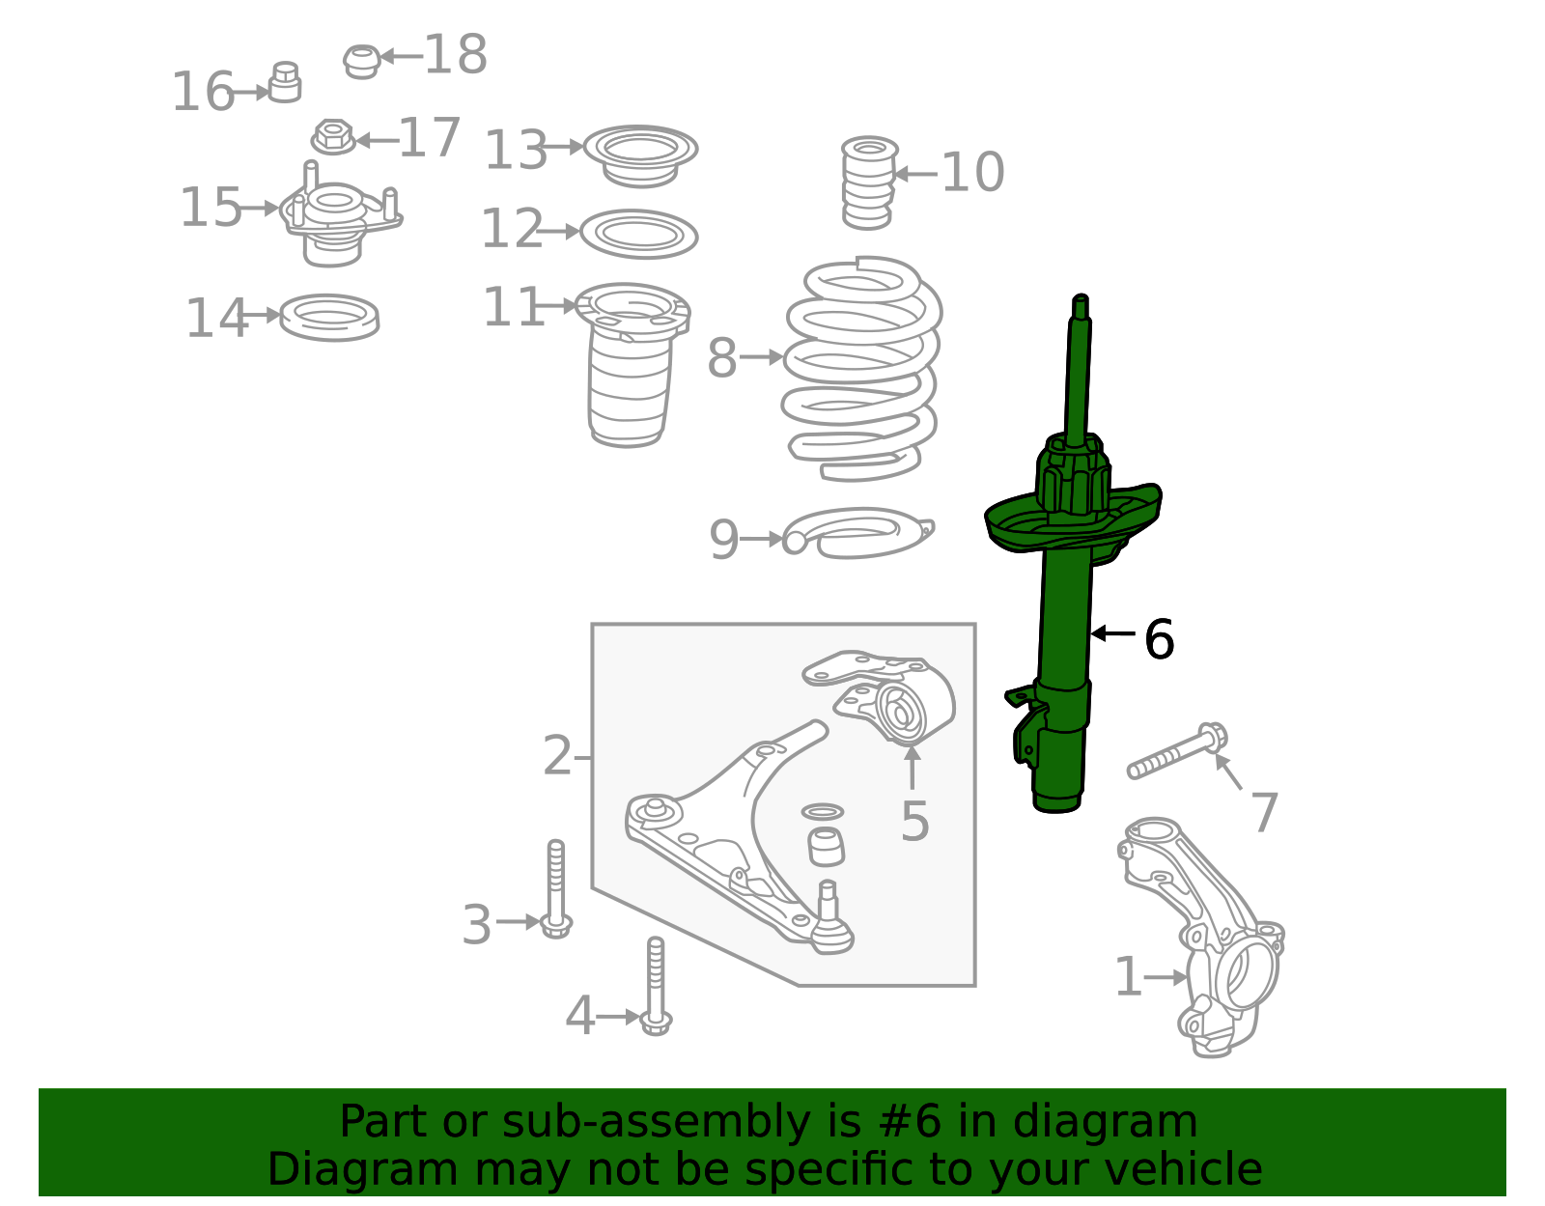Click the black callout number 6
(1158, 639)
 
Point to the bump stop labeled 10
(868, 182)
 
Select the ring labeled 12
(638, 234)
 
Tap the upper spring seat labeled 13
(640, 154)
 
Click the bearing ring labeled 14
(329, 317)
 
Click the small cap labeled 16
(285, 83)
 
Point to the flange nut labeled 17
(333, 136)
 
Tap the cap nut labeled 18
(361, 61)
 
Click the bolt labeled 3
(556, 888)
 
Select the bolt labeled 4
(656, 985)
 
